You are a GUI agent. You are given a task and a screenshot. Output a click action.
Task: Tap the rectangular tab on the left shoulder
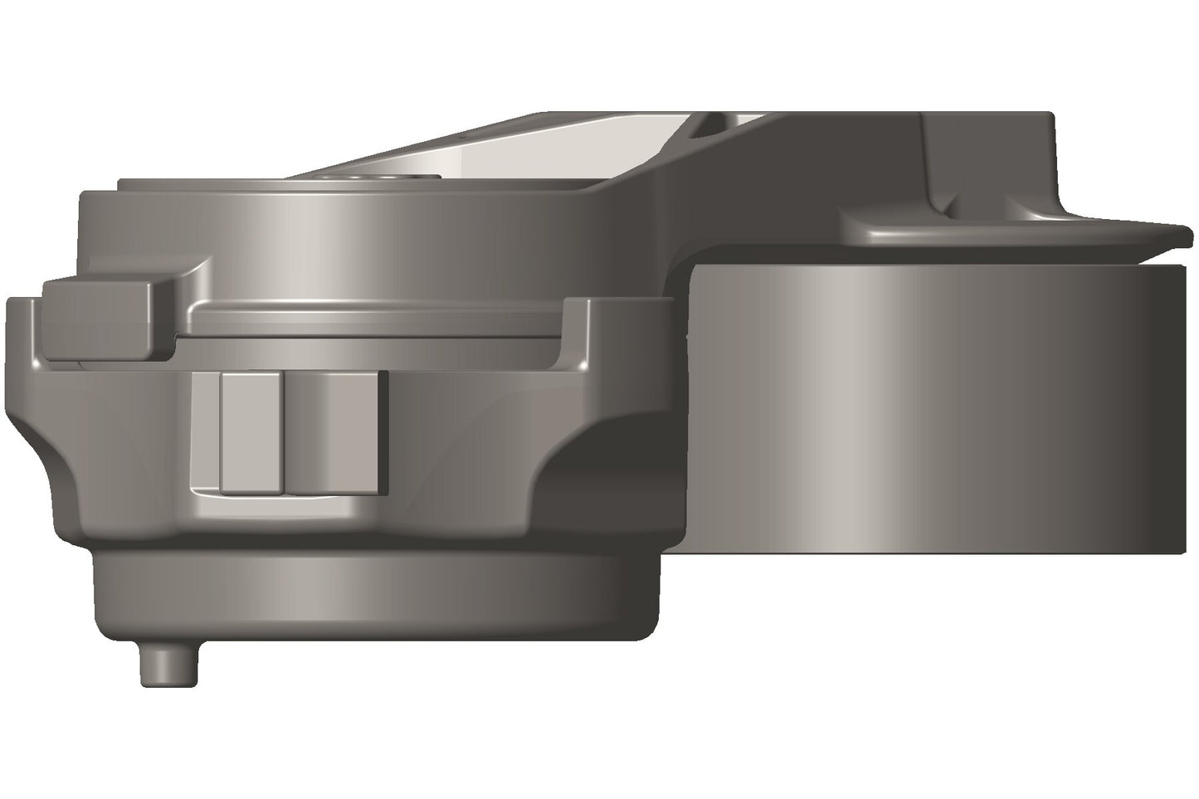pos(100,319)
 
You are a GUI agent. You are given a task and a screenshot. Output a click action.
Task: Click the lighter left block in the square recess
pos(250,431)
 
